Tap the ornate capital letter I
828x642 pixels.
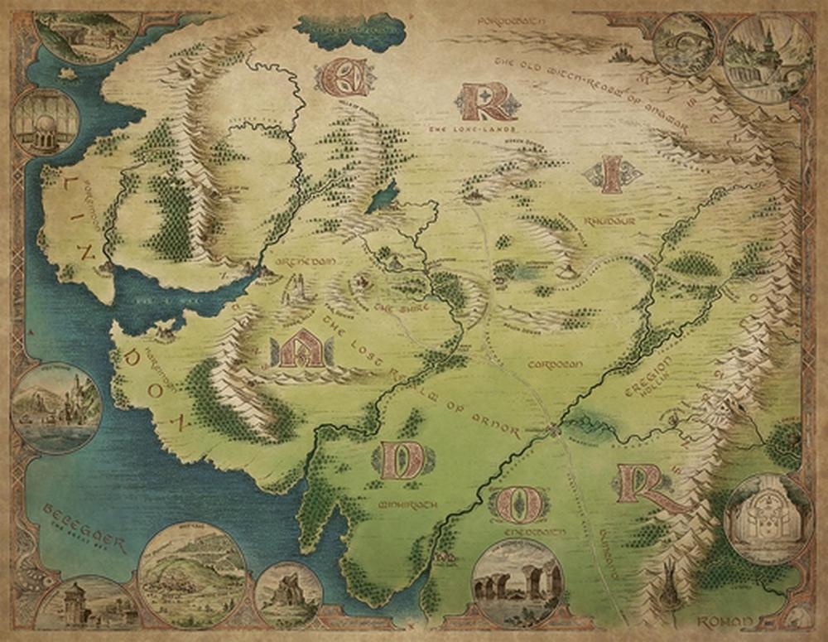(x=613, y=175)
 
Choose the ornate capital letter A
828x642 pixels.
(x=299, y=350)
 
